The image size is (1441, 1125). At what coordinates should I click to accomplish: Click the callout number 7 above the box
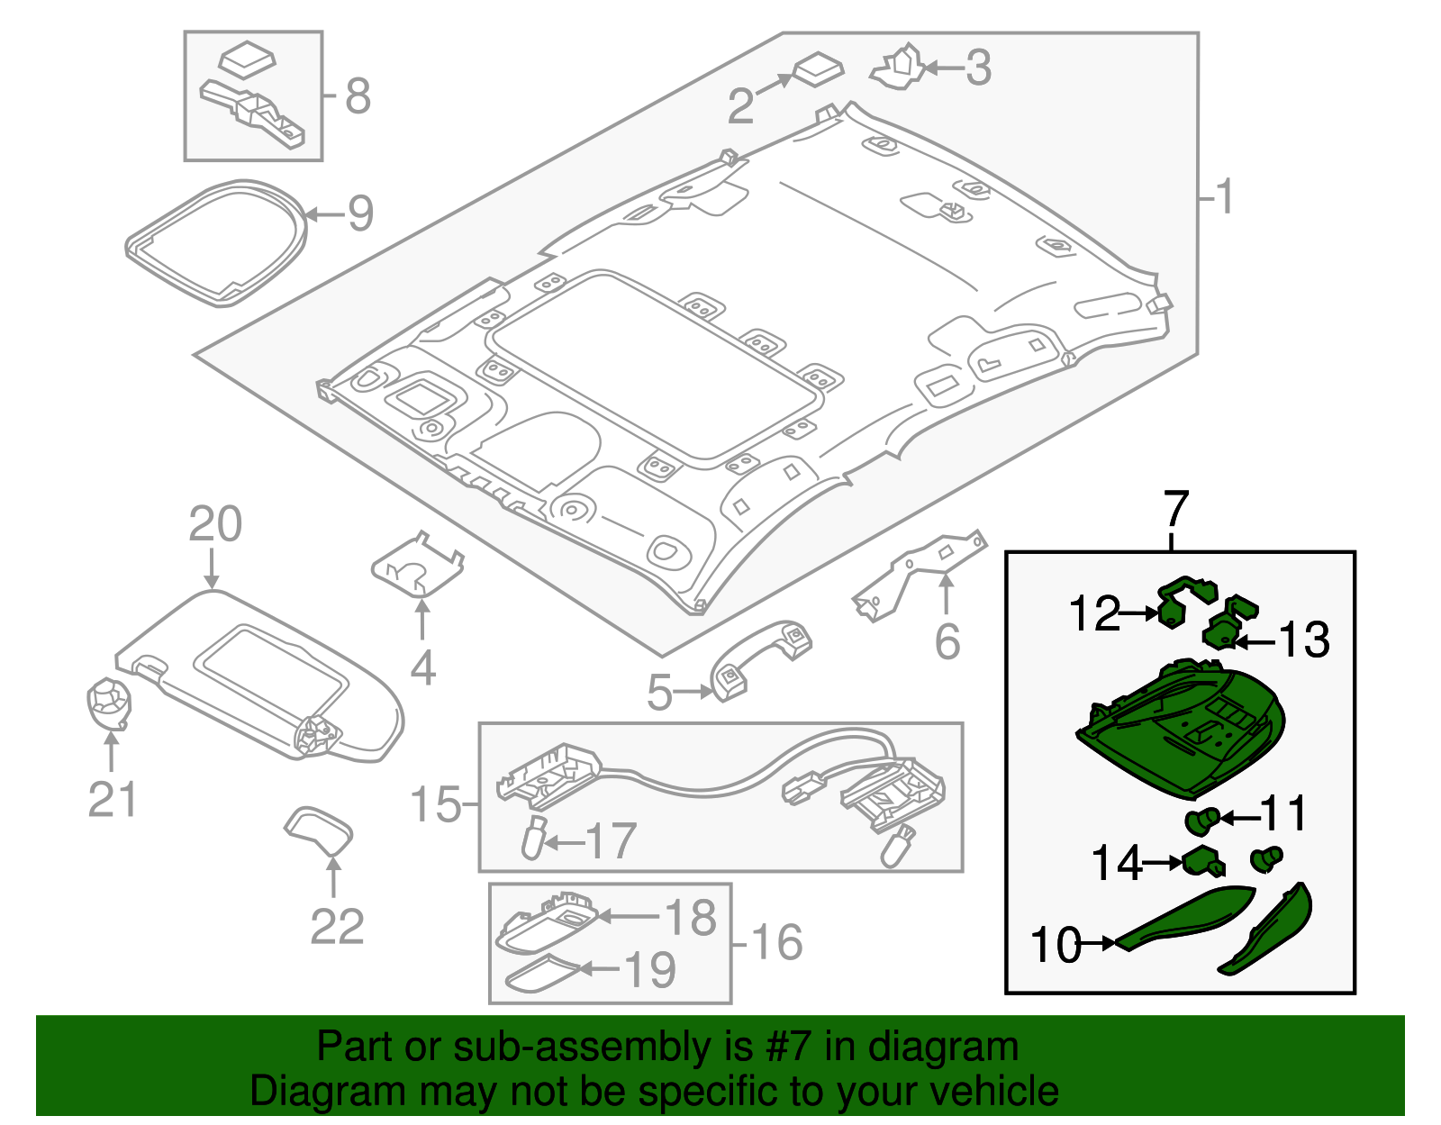pos(1175,510)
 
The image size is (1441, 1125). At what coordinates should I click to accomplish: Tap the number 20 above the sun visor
pos(215,524)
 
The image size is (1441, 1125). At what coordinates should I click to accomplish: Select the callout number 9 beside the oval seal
pos(360,213)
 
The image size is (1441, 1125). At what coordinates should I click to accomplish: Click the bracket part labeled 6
pos(919,576)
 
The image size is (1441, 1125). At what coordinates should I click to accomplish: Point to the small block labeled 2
pos(819,69)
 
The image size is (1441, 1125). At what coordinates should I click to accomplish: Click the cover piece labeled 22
pos(320,830)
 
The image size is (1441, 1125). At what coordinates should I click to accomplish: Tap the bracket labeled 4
pos(417,567)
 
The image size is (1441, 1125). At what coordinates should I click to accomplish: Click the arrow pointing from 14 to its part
pos(1163,863)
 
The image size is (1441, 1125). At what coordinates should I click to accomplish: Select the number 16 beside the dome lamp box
pos(776,943)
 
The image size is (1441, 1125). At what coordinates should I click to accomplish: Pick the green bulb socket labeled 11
pos(1202,820)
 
